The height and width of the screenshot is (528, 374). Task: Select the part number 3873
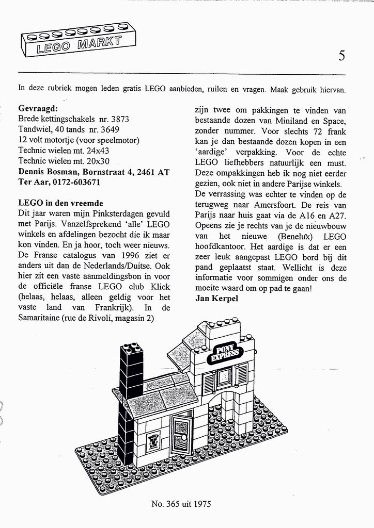click(119, 119)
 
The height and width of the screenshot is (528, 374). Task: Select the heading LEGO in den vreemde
click(60, 203)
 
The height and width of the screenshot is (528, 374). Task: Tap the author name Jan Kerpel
click(216, 299)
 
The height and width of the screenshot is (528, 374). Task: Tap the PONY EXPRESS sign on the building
click(224, 354)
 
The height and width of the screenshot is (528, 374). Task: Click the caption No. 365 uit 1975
click(181, 504)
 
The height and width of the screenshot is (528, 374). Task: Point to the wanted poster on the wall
click(153, 442)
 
